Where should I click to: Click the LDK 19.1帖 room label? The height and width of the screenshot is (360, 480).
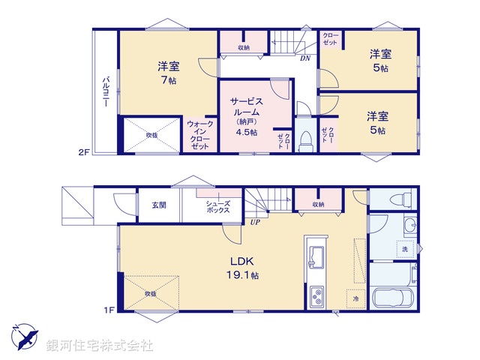click(x=244, y=268)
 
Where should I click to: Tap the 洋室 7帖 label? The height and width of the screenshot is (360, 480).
click(x=166, y=72)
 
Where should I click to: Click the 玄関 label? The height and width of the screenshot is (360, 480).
click(x=158, y=205)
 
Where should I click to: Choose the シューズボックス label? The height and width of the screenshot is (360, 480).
click(x=218, y=208)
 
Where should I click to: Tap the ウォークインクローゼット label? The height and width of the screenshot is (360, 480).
click(x=199, y=135)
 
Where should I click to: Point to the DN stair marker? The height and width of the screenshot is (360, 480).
click(x=305, y=58)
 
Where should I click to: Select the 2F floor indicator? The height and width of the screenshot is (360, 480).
click(x=84, y=152)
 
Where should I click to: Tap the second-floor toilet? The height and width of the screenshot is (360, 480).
click(x=305, y=139)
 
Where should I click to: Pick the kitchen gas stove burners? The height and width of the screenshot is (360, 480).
click(x=316, y=297)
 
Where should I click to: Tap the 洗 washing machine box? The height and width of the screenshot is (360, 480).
click(x=404, y=248)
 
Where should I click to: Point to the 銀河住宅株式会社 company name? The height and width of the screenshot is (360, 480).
click(x=100, y=346)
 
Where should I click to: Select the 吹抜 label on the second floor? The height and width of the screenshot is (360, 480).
click(x=151, y=135)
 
